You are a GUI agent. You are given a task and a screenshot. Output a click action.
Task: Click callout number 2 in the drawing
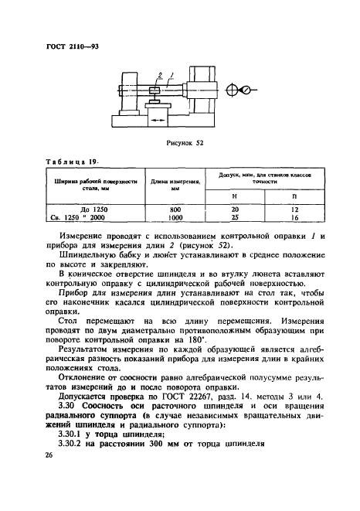pyautogui.click(x=159, y=74)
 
